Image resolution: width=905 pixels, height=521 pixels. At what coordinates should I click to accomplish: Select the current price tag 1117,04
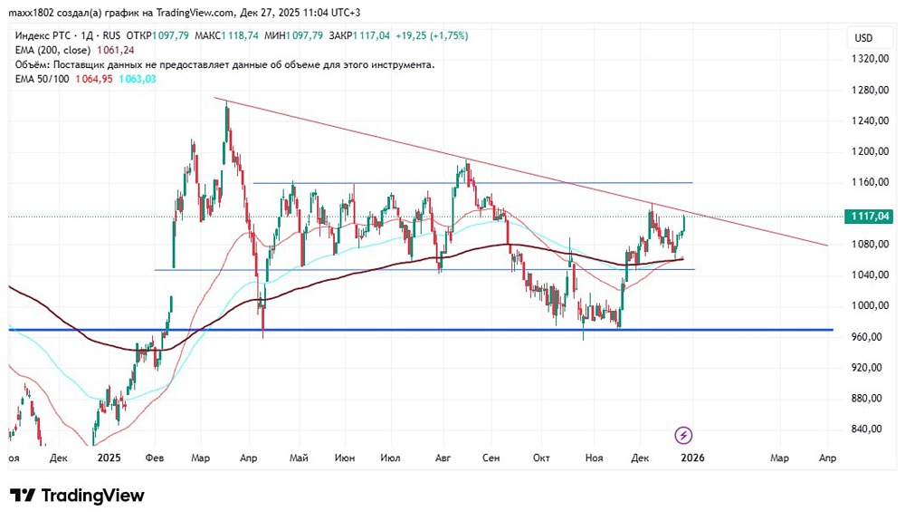866,216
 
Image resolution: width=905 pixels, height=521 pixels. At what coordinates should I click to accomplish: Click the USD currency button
863,37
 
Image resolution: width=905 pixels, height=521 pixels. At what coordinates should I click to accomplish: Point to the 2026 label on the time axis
691,458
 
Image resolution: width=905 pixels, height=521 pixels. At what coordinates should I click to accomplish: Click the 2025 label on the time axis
109,458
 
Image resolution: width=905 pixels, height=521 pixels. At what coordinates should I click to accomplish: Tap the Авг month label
443,458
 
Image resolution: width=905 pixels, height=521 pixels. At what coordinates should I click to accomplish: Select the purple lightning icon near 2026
684,435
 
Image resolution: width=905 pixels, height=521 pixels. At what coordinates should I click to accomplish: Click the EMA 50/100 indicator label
44,79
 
